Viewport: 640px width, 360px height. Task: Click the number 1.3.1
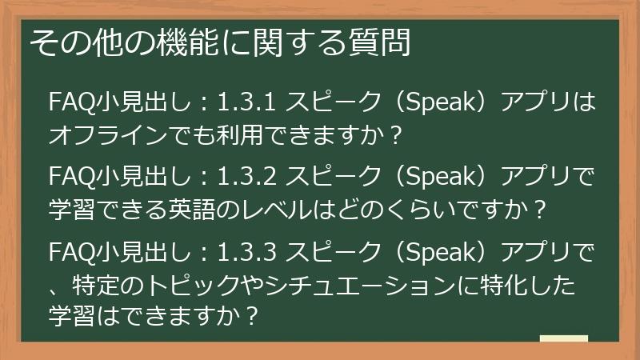(x=246, y=102)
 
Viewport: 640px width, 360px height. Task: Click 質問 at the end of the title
(x=383, y=42)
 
